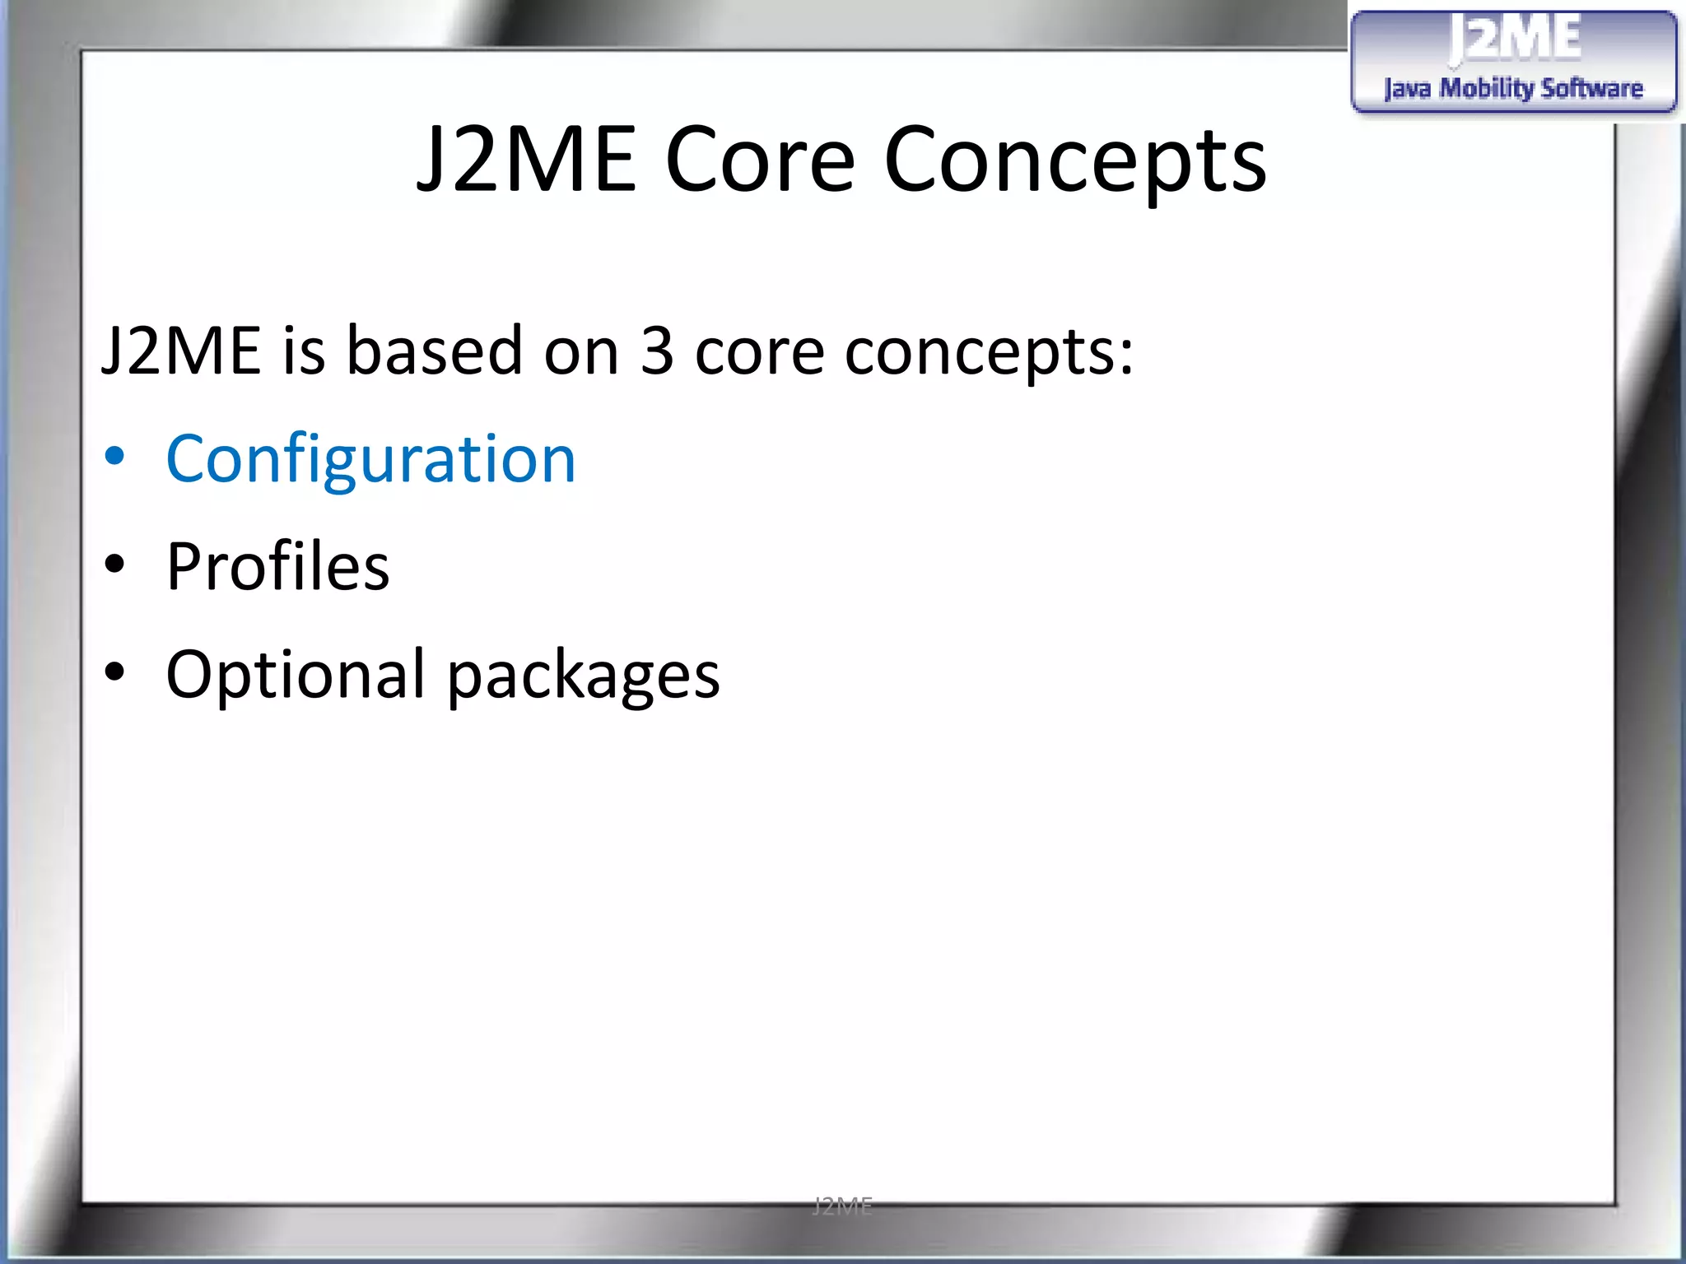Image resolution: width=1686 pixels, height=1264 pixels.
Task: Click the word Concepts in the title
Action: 1074,161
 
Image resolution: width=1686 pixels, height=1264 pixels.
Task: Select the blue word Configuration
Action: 370,459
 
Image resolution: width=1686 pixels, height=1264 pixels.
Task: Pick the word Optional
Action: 296,675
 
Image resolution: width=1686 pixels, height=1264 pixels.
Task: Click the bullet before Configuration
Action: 115,458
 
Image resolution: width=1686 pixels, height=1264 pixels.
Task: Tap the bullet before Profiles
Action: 115,565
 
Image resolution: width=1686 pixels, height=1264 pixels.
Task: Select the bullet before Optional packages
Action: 115,673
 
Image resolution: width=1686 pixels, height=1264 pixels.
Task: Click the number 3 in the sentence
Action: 657,351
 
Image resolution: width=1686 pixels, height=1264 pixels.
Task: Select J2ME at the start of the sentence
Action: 181,351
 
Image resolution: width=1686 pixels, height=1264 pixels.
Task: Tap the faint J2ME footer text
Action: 842,1206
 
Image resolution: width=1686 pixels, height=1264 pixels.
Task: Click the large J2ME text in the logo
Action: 1515,39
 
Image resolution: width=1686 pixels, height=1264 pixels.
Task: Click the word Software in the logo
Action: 1592,88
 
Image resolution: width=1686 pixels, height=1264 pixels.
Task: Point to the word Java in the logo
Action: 1407,89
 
